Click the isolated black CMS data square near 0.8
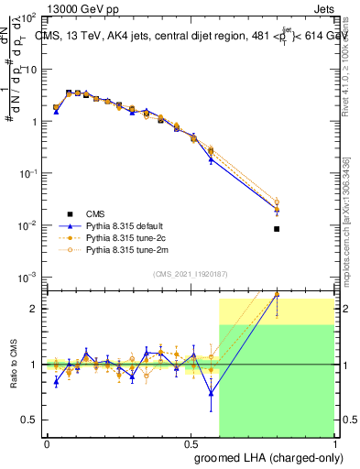(x=277, y=229)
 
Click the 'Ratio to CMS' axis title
(x=14, y=364)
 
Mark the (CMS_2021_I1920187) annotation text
(x=191, y=272)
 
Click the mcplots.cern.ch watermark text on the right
(x=346, y=229)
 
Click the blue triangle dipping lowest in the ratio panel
(x=212, y=394)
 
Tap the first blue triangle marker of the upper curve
(x=56, y=112)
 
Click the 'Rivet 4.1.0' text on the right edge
(x=346, y=69)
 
